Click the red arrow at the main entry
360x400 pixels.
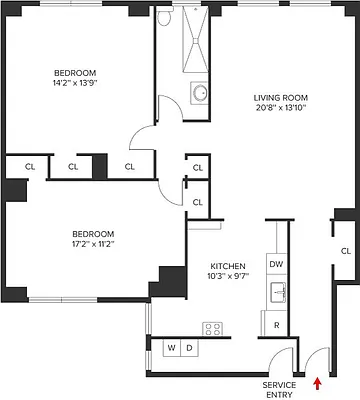click(318, 381)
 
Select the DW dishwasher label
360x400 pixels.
click(277, 263)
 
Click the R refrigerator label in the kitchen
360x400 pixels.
click(276, 325)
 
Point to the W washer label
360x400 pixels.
click(172, 347)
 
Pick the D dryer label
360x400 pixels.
click(188, 347)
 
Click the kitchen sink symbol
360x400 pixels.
click(277, 293)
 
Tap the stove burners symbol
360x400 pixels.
click(212, 328)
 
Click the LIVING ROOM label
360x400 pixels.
click(278, 96)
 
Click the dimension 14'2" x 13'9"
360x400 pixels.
click(75, 85)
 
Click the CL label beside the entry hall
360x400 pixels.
click(345, 250)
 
